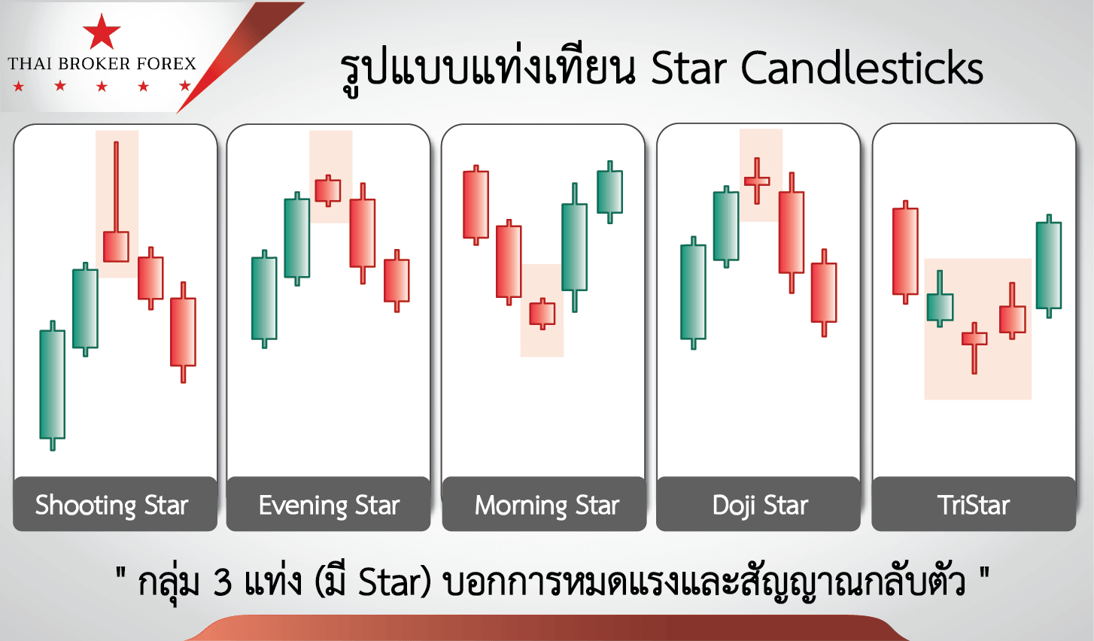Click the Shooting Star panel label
point(111,506)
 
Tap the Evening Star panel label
point(329,506)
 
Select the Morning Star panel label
point(547,506)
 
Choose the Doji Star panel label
point(760,506)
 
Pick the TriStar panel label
point(974,506)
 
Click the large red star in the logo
point(102,32)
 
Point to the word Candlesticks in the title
point(862,68)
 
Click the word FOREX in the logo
point(166,63)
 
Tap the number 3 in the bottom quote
point(222,582)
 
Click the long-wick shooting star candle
point(116,202)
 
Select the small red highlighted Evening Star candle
point(328,190)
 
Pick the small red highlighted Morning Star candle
point(542,314)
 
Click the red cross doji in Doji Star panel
point(757,181)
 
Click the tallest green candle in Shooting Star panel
point(52,386)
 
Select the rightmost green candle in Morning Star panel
point(609,192)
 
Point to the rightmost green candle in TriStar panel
point(1049,266)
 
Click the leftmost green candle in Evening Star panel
point(264,299)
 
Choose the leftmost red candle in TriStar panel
point(905,252)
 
